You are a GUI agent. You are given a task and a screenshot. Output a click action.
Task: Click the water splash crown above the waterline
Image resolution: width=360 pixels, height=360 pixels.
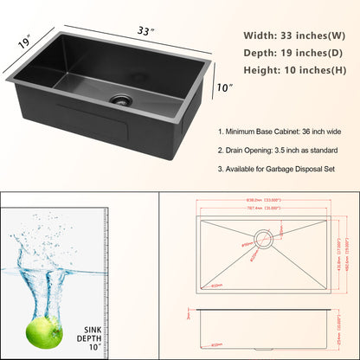[x=39, y=255]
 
